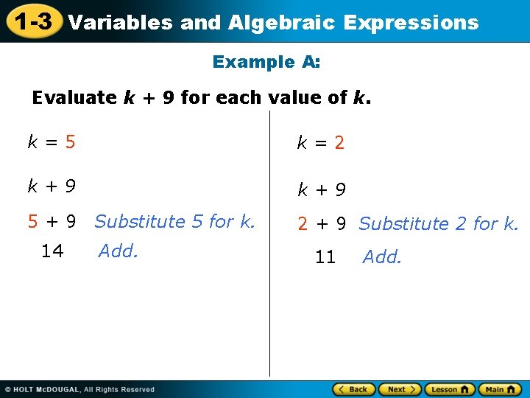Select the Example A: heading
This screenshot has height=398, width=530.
coord(266,62)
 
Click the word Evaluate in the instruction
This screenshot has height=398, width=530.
coord(74,97)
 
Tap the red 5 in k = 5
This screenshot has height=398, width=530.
coord(70,142)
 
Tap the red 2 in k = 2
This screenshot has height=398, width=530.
coord(339,143)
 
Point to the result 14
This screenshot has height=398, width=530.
coord(52,251)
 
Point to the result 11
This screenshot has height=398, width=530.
coord(325,257)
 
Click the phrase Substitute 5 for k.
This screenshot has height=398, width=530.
coord(174,221)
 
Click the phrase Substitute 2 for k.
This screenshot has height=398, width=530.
coord(439,223)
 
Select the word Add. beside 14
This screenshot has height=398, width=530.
coord(118,251)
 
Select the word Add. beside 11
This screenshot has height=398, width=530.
coord(382,257)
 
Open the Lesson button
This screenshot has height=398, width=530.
coord(449,389)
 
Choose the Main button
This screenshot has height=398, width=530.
coord(500,389)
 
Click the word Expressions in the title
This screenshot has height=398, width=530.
coord(411,23)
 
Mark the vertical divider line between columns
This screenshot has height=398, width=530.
coord(269,243)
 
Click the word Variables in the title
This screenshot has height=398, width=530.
coord(121,23)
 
